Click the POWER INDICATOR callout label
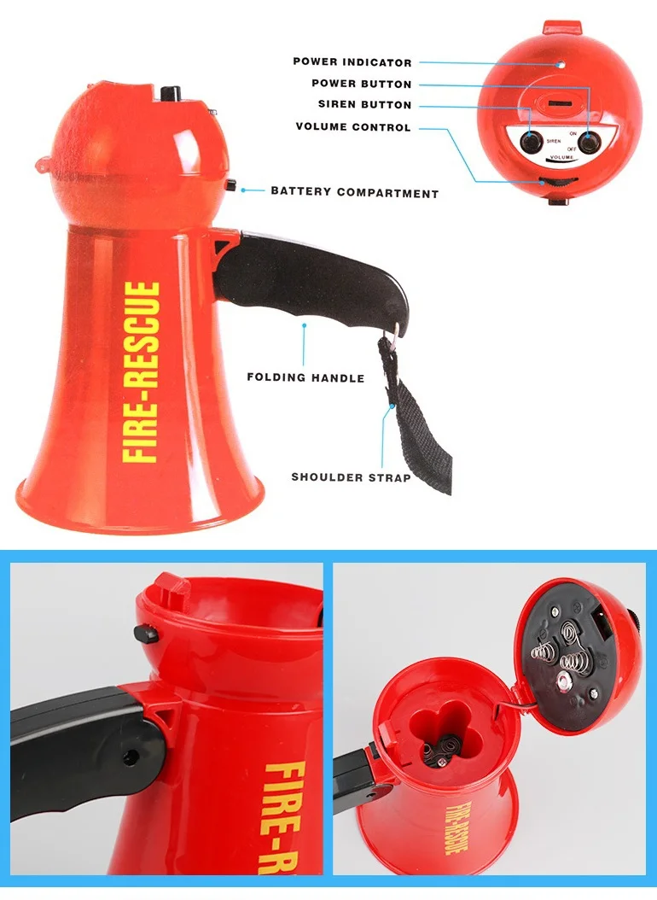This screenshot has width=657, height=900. click(x=352, y=61)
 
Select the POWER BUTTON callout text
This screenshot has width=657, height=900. click(x=361, y=84)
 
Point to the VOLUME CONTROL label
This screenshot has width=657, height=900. click(x=352, y=127)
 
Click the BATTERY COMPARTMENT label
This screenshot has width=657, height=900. click(x=354, y=192)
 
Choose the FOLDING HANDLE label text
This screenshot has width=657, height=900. click(x=305, y=377)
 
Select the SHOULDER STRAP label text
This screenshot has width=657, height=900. click(x=351, y=477)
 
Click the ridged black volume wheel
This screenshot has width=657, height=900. click(x=559, y=180)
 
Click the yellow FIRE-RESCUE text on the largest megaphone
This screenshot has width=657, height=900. click(x=141, y=373)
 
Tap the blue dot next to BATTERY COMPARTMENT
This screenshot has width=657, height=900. click(x=243, y=190)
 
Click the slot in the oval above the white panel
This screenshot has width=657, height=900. click(x=560, y=102)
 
